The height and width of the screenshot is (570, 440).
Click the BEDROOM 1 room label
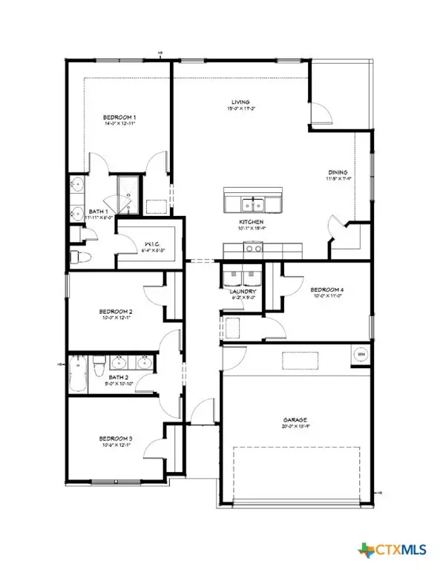tap(119, 117)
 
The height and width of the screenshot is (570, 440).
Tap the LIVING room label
tap(239, 102)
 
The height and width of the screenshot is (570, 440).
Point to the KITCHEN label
tap(252, 222)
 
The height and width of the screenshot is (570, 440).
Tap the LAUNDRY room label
tap(243, 292)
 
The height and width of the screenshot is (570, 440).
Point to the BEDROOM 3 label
tap(116, 439)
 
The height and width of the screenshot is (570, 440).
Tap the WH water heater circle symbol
tap(361, 354)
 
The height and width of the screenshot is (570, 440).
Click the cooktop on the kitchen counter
tap(253, 249)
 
